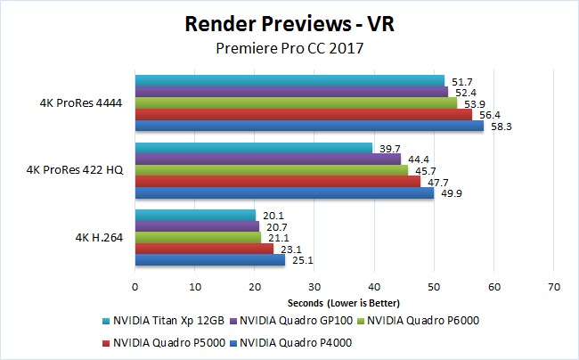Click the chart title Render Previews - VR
(289, 23)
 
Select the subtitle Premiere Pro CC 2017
(289, 49)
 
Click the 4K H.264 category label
(99, 236)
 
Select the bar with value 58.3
(308, 126)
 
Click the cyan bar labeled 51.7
(289, 80)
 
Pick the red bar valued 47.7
(277, 181)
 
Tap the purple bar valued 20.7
(196, 225)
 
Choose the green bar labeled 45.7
(271, 169)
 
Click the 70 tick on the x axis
(553, 287)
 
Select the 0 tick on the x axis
(135, 287)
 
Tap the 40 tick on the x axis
(374, 287)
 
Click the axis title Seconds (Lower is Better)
(345, 305)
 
